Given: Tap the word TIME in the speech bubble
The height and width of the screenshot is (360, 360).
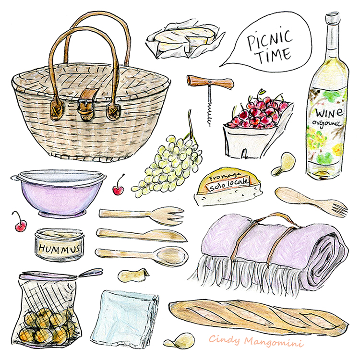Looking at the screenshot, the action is point(274,55).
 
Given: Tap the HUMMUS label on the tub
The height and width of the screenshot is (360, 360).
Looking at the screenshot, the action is point(60,248).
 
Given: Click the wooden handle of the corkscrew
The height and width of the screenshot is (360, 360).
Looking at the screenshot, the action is point(210,82).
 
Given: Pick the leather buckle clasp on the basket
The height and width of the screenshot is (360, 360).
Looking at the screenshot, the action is point(86,104).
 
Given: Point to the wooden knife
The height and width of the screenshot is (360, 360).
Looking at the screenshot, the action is point(141,235).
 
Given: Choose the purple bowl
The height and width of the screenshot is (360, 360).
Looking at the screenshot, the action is point(59,193).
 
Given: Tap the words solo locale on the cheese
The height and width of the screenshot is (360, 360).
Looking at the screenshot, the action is point(229,185).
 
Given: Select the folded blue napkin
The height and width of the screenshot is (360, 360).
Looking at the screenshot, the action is point(125,318).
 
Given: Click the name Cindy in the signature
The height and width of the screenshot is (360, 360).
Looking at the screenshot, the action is point(224,340).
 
